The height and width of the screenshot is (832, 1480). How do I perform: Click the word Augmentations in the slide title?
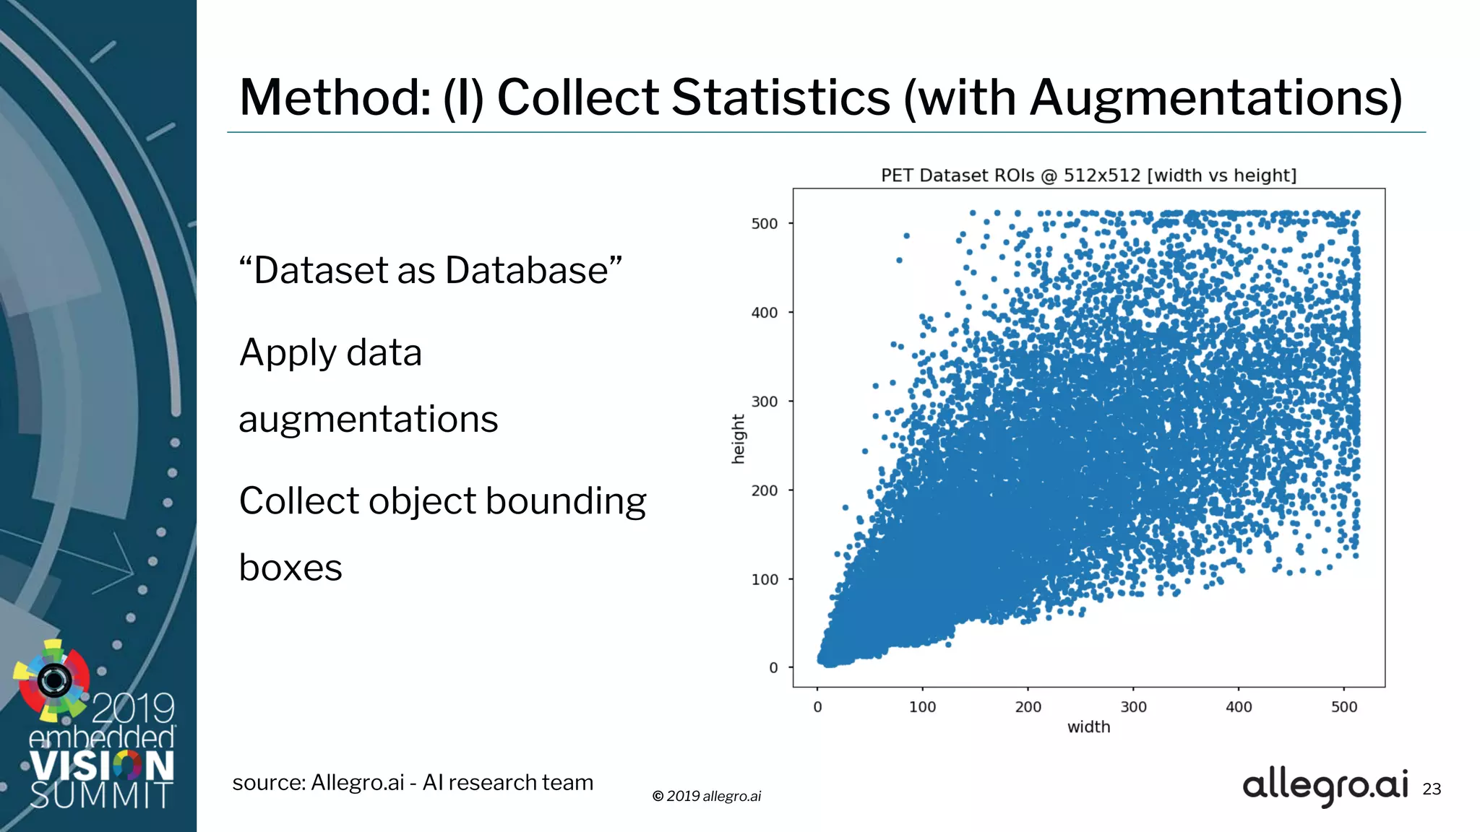1216,97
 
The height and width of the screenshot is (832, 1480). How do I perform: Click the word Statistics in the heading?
780,97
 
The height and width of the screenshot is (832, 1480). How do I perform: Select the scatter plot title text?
1088,175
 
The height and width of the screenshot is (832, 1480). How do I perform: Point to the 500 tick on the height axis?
765,224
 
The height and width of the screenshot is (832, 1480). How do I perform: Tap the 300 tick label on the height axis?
765,402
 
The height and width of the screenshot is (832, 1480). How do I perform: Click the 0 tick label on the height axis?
773,668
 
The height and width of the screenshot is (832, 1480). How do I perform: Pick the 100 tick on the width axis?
922,707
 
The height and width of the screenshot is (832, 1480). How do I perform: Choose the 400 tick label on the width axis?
1239,707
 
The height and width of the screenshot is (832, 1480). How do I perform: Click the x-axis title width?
1088,727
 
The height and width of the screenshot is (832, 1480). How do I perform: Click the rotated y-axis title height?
738,439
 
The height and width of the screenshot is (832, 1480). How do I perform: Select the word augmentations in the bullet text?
369,419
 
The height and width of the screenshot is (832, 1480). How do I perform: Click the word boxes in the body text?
291,568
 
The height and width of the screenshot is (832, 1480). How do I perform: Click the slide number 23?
1432,789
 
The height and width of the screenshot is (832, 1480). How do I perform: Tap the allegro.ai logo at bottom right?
1325,786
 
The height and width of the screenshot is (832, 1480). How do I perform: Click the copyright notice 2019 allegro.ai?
707,796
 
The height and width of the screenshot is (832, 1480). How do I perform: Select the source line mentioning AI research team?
413,783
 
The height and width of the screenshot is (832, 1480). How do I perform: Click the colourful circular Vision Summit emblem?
53,680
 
